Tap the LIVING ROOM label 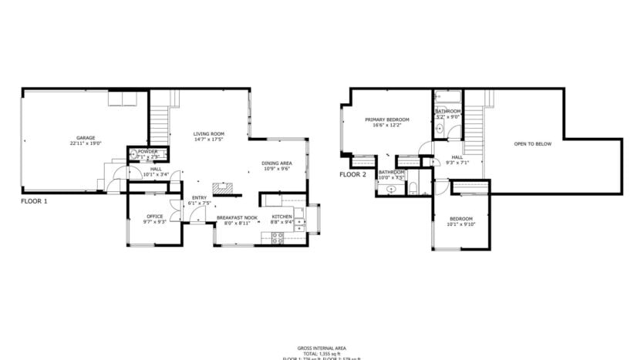[208, 134]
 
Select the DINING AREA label [276, 163]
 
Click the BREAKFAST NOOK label [237, 217]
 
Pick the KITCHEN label [282, 217]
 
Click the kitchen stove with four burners [277, 236]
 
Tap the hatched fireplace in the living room [224, 187]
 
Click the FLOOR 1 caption [34, 201]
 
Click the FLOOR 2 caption [352, 174]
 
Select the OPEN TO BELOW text [533, 143]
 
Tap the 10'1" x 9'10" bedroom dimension [462, 224]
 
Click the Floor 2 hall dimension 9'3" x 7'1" [457, 163]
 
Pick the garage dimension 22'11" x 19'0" [86, 143]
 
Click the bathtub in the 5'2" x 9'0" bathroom [447, 98]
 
